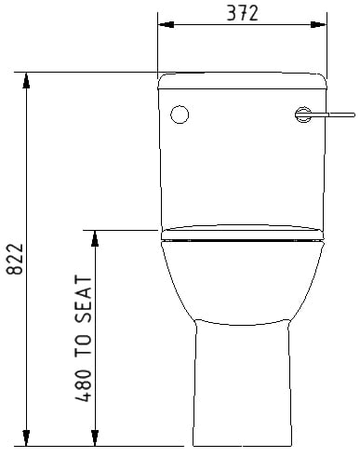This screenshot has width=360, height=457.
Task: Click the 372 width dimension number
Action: click(x=242, y=14)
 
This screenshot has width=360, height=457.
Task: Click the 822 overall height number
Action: click(x=15, y=259)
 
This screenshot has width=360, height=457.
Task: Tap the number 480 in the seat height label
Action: click(x=84, y=385)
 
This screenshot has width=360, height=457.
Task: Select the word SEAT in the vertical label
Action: click(x=84, y=300)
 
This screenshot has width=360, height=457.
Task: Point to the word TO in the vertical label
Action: click(x=84, y=345)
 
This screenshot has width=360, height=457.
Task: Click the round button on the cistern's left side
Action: click(x=180, y=114)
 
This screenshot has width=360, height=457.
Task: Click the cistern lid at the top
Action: click(x=242, y=81)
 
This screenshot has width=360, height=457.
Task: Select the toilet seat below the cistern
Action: click(x=242, y=233)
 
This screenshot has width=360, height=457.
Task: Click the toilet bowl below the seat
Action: click(x=242, y=282)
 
